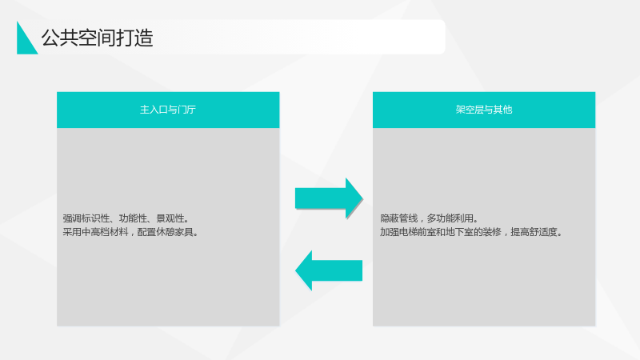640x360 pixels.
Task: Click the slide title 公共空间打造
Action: (97, 38)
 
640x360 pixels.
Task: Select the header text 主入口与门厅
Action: (168, 110)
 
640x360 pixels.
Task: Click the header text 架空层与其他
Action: (484, 110)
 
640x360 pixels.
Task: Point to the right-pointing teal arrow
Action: (329, 198)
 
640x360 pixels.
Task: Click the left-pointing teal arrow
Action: (329, 270)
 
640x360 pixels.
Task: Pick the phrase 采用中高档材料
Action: (95, 232)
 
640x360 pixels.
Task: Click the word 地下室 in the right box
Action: (459, 232)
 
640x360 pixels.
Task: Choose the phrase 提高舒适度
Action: (534, 232)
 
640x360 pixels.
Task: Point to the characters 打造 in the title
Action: (134, 38)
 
